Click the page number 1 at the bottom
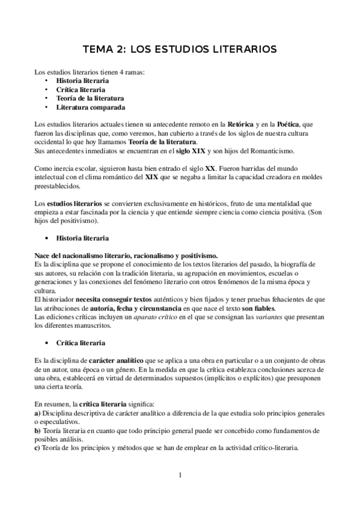point(180,475)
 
